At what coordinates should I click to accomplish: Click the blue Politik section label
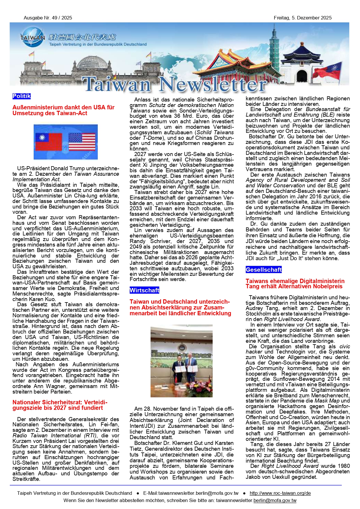click(21, 96)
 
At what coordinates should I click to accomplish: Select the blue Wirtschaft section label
click(144, 290)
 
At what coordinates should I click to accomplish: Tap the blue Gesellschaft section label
click(263, 270)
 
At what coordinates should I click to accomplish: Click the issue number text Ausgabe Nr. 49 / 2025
click(48, 18)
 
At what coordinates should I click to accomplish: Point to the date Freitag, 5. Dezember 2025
click(302, 18)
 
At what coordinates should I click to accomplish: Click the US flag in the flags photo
click(82, 142)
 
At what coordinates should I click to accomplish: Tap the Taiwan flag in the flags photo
click(48, 142)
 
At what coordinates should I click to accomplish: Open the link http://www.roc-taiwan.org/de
click(280, 493)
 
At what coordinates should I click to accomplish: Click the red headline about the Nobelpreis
click(295, 284)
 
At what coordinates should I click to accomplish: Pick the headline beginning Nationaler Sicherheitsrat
click(60, 405)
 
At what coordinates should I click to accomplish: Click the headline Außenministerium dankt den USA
click(63, 110)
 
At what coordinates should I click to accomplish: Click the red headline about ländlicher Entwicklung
click(180, 307)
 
